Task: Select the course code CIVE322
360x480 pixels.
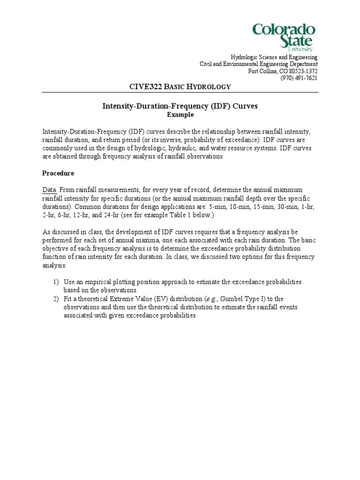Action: [x=144, y=86]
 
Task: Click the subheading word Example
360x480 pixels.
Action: [x=180, y=114]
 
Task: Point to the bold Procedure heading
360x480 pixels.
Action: [x=58, y=173]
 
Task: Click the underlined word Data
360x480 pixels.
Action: [x=50, y=189]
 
